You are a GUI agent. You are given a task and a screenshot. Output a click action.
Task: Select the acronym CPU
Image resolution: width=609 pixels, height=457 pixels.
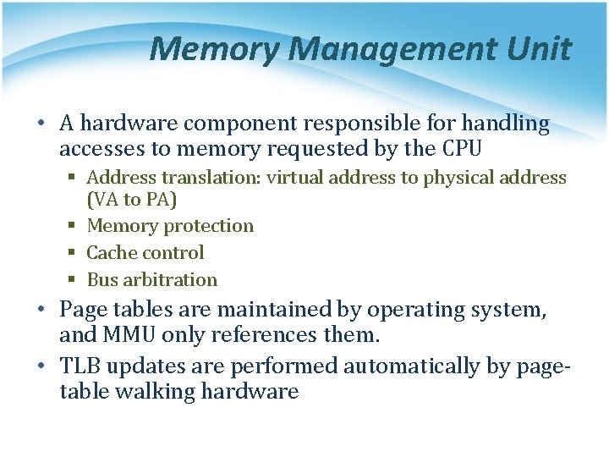point(462,150)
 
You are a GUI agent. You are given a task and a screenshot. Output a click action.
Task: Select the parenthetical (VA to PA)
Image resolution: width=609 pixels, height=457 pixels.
point(132,200)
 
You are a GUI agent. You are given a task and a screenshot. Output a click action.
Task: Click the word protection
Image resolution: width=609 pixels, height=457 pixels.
point(208,226)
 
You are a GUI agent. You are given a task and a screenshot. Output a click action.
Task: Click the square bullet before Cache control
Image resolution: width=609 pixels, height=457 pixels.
point(74,253)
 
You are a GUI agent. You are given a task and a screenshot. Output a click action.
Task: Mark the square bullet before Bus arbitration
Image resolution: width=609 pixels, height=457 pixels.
point(74,280)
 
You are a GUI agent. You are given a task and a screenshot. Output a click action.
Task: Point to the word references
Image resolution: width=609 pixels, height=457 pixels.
point(263,336)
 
